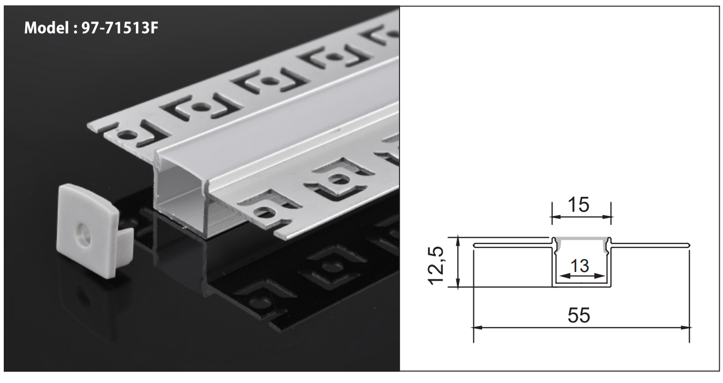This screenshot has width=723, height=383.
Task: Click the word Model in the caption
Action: point(44,28)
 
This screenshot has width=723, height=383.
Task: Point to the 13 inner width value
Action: point(580,266)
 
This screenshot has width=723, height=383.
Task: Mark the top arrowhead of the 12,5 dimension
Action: point(458,239)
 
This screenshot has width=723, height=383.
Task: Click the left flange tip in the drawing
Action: point(475,246)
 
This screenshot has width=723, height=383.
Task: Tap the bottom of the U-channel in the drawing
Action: point(582,284)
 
